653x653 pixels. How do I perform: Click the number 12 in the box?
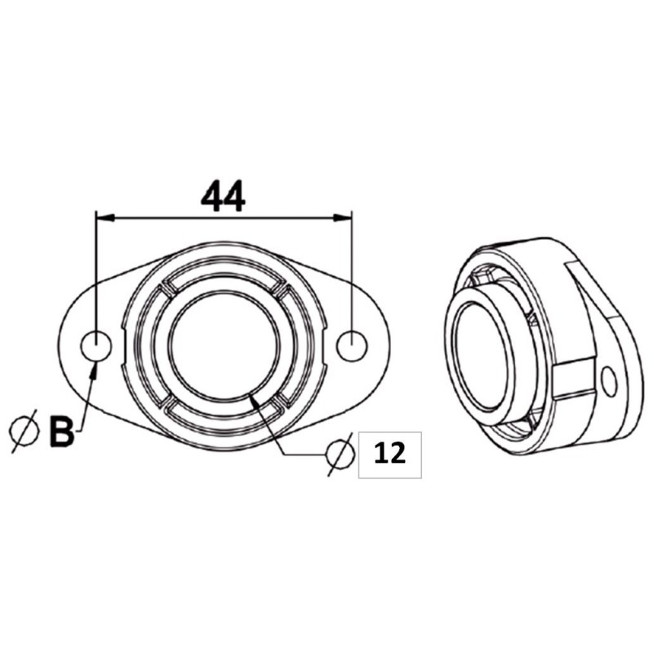(x=389, y=454)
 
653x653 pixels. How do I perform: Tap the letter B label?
(x=60, y=432)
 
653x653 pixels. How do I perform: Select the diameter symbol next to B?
(x=24, y=429)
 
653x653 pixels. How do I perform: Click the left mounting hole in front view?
(x=96, y=346)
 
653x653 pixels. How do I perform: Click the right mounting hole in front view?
(x=353, y=346)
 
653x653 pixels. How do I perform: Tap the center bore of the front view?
(x=224, y=346)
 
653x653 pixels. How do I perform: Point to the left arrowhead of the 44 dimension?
(x=102, y=217)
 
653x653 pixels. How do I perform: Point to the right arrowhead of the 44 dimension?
(x=346, y=217)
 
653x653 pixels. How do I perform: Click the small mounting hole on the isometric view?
(x=607, y=379)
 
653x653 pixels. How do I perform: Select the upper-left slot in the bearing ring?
(x=168, y=286)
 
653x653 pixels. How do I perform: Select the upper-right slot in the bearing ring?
(x=281, y=287)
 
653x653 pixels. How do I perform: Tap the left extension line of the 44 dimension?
(x=96, y=269)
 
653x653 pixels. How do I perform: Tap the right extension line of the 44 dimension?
(x=352, y=269)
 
